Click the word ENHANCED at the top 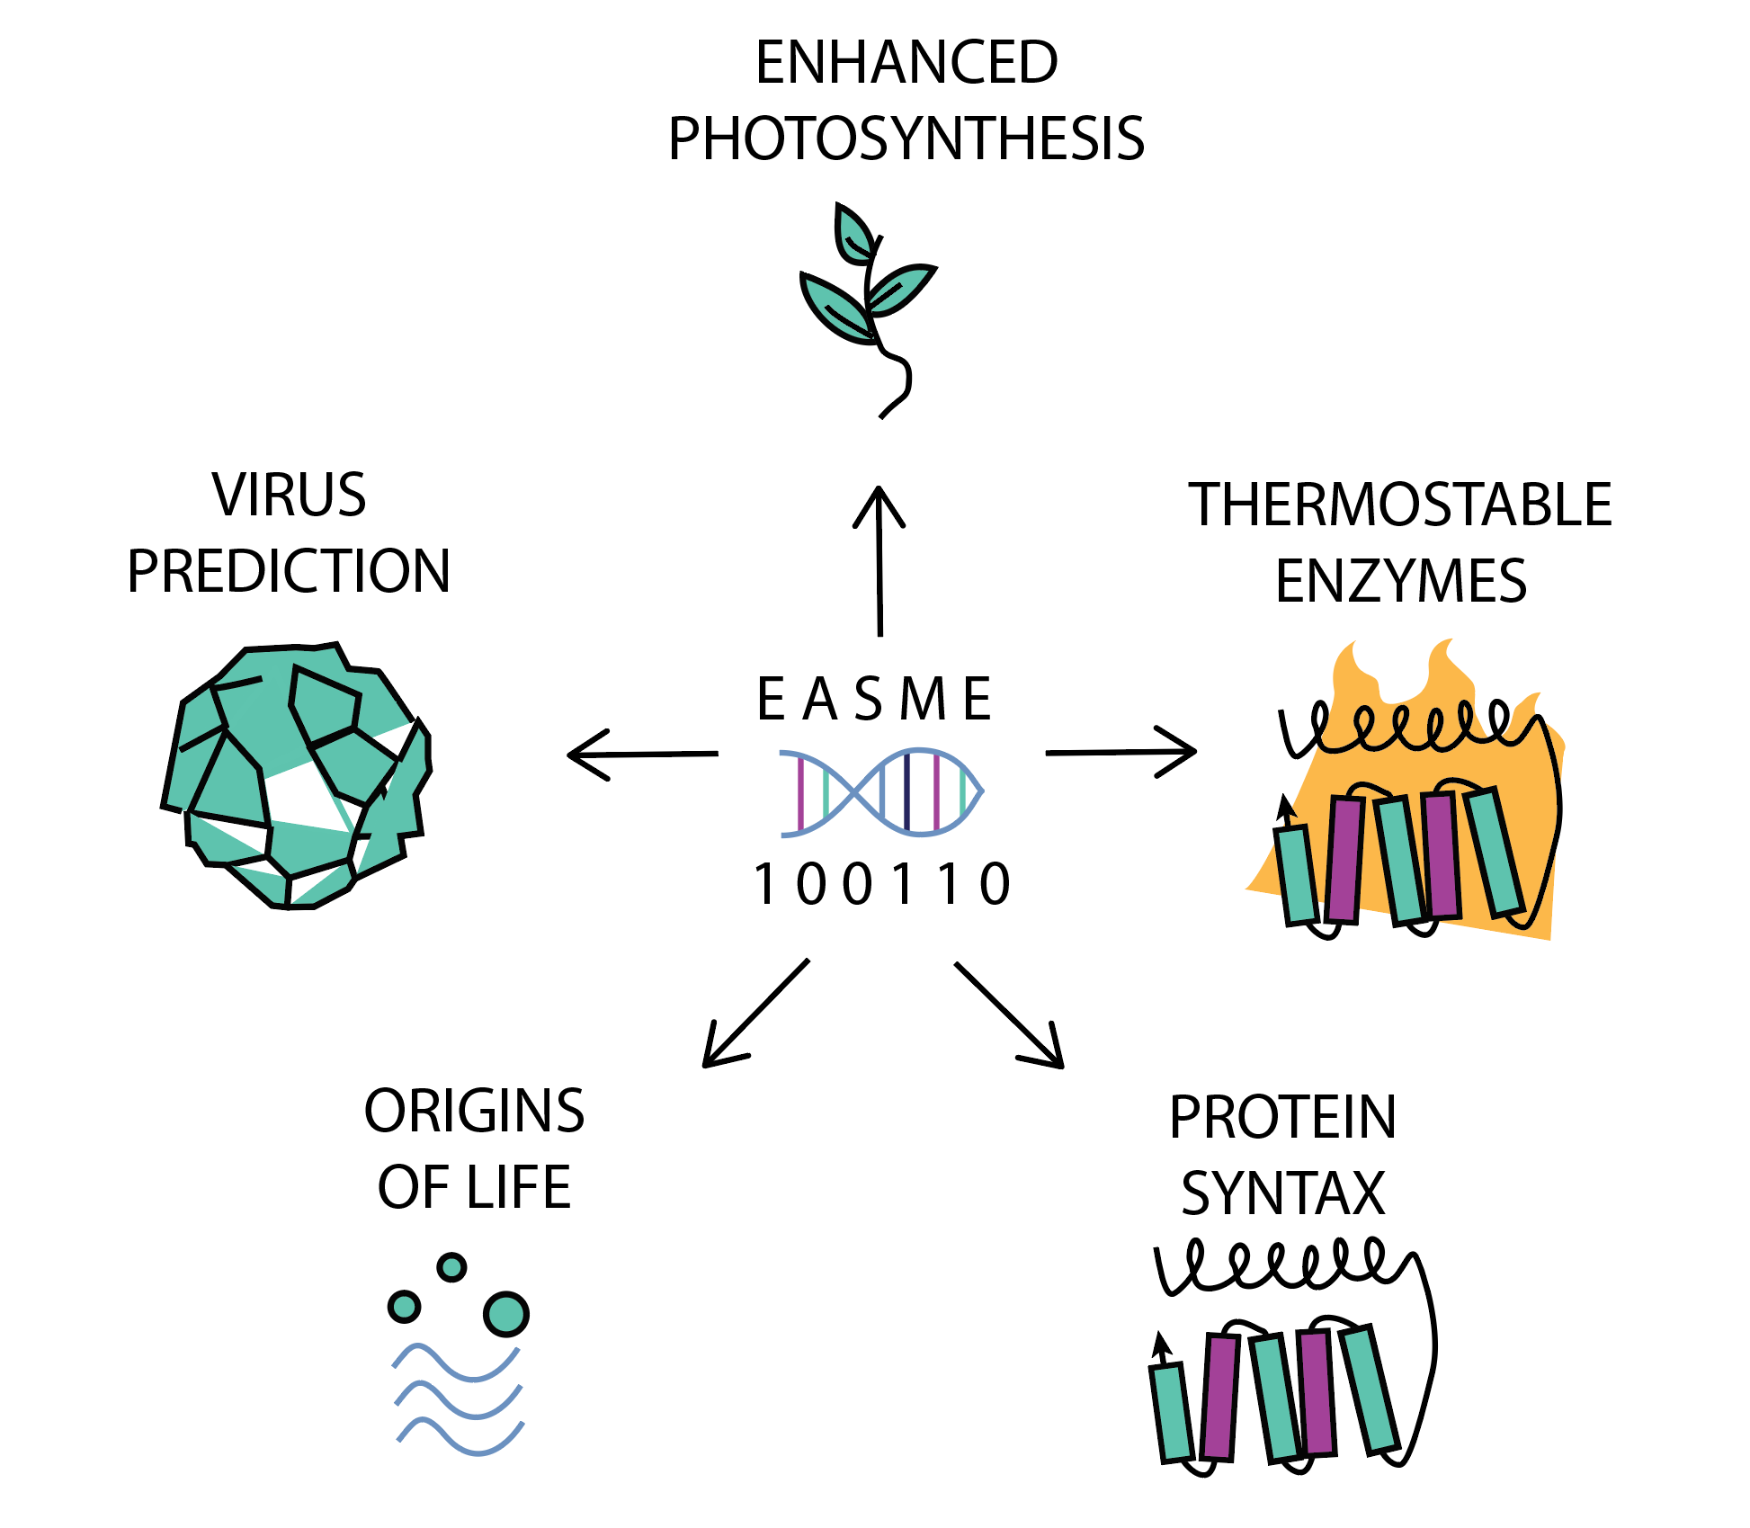coord(906,63)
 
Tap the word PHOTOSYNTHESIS coord(906,139)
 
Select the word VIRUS coord(290,496)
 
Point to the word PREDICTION coord(289,572)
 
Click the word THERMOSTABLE coord(1400,505)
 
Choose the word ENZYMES coord(1400,582)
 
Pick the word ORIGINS coord(474,1112)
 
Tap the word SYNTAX coord(1283,1194)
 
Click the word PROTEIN coord(1283,1118)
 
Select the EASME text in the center coord(874,700)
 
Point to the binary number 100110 coord(882,885)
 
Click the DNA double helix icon coord(881,792)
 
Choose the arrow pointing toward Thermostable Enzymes coord(1121,752)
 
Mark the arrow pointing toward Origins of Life coord(755,1014)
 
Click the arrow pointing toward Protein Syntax coord(1009,1015)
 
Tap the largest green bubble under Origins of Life coord(506,1314)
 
